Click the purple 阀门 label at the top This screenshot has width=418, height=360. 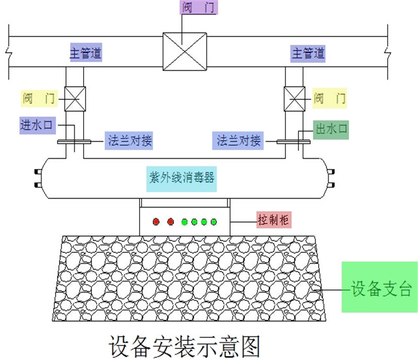[x=198, y=8]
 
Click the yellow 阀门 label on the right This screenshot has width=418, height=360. [x=329, y=98]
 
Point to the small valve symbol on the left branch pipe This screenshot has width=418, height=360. [x=75, y=98]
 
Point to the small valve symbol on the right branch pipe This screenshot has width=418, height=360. [x=295, y=98]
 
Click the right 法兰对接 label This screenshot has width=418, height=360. [x=239, y=141]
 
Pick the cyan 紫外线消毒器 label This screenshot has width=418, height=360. [x=180, y=178]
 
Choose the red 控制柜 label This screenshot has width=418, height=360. [x=273, y=219]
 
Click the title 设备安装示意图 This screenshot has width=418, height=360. [x=184, y=345]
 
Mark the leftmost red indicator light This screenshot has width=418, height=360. [x=156, y=222]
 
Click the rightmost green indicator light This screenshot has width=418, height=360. [x=214, y=222]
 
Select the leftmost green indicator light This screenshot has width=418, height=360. [x=184, y=222]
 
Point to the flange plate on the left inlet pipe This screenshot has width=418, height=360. [x=74, y=141]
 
